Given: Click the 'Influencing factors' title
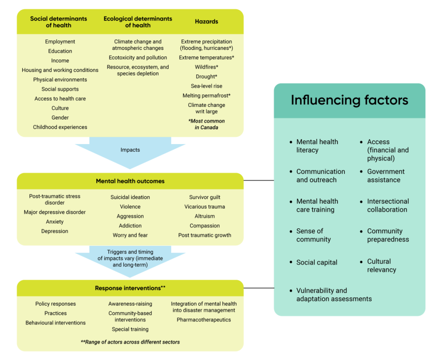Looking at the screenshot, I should click(x=349, y=100).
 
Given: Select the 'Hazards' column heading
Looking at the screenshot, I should click(x=207, y=22).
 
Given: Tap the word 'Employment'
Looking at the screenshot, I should click(x=60, y=42).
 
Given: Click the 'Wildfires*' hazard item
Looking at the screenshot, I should click(x=207, y=67).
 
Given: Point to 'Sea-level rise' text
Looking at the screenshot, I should click(x=207, y=86).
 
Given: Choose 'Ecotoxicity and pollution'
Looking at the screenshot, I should click(x=138, y=58).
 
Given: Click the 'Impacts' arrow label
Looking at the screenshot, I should click(x=130, y=150).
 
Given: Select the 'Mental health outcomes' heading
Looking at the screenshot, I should click(x=130, y=181).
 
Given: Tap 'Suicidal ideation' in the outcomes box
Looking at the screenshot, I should click(x=130, y=197).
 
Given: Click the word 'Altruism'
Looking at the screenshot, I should click(x=204, y=216).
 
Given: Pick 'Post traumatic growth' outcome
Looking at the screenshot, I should click(x=204, y=235).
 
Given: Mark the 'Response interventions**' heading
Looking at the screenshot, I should click(x=130, y=288).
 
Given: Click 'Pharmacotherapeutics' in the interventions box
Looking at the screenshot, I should click(x=204, y=320).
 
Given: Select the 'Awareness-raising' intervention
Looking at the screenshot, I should click(x=130, y=304).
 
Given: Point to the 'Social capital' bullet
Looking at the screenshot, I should click(x=317, y=262).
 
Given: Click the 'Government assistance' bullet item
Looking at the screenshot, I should click(x=386, y=176).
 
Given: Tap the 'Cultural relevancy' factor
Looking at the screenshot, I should click(x=382, y=265).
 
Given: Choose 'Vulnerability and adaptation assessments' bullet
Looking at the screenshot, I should click(x=334, y=295).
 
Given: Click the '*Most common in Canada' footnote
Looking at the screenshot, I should click(x=207, y=124).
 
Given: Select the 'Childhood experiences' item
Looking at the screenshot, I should click(x=60, y=127).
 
